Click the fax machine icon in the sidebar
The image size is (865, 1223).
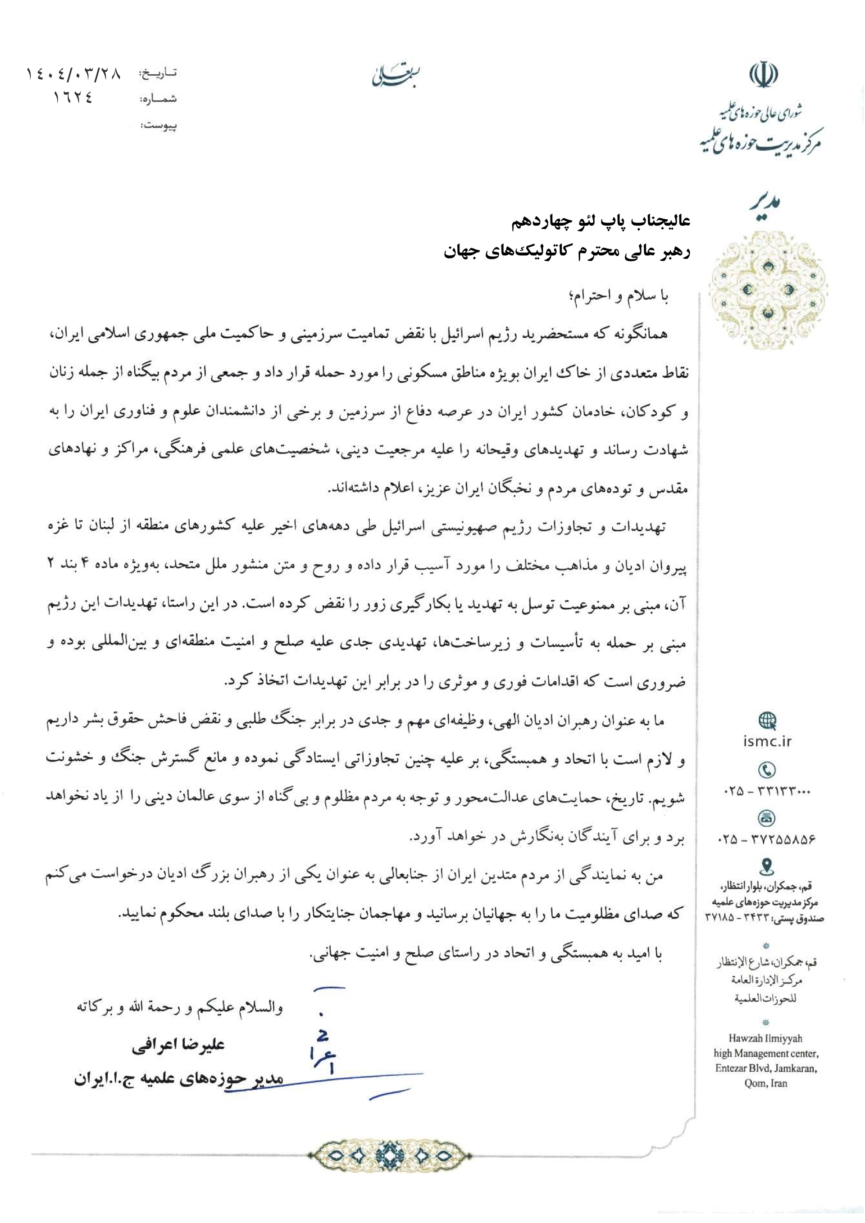766,818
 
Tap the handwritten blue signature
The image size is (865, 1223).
325,1052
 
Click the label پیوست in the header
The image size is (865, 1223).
158,126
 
